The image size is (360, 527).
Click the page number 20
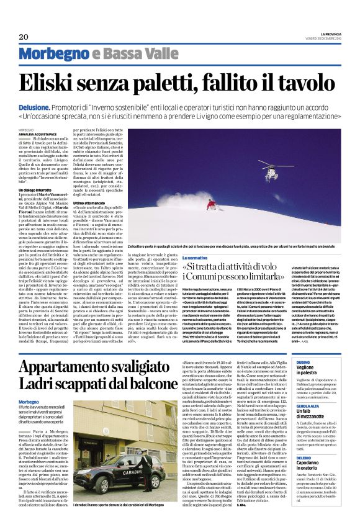point(24,36)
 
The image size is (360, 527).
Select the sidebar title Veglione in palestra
point(312,371)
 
